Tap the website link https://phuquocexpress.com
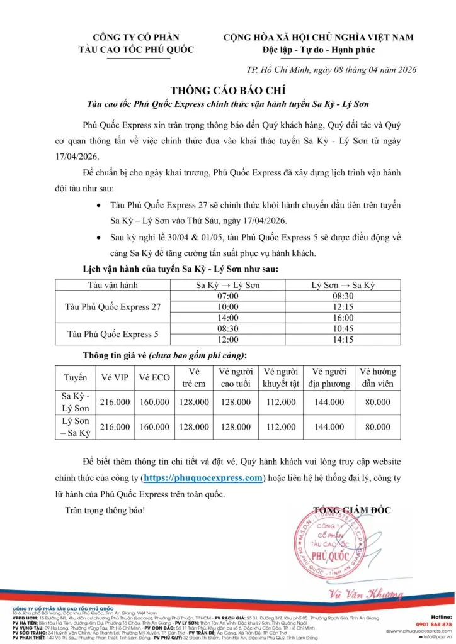click(203, 478)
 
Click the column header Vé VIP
click(115, 378)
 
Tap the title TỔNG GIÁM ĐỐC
click(352, 509)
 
